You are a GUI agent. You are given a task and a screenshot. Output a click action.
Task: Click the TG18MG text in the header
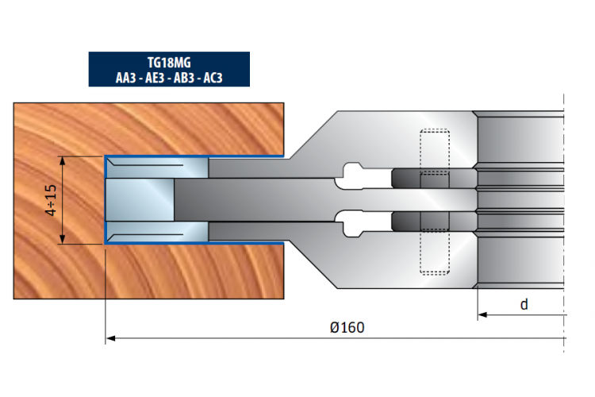169,62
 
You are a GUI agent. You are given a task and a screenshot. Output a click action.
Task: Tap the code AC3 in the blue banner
213,78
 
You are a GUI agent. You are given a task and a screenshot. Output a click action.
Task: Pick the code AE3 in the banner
155,78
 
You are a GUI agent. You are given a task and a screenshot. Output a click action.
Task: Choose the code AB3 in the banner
184,78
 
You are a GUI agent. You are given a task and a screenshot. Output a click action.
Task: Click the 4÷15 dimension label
51,200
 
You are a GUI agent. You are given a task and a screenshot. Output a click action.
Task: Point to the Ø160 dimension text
347,327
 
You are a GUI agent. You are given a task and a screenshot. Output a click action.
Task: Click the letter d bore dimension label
524,304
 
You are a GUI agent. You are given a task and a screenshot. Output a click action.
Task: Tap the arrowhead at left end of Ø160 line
110,338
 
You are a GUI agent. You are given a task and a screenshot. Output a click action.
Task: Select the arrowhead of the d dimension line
482,314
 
